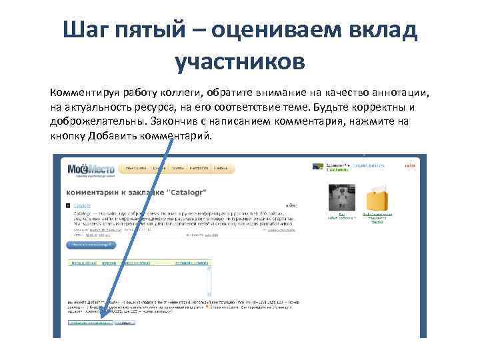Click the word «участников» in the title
pyautogui.click(x=239, y=61)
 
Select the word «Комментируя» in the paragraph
pyautogui.click(x=87, y=93)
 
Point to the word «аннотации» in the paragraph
pyautogui.click(x=393, y=93)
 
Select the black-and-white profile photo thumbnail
pyautogui.click(x=341, y=198)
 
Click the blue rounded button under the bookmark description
pyautogui.click(x=90, y=245)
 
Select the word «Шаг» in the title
pyautogui.click(x=84, y=30)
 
